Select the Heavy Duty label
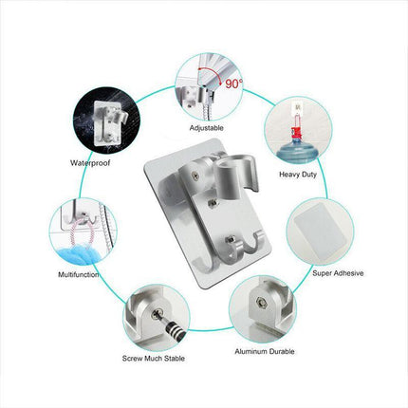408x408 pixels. [299, 175]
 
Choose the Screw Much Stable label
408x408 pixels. [155, 358]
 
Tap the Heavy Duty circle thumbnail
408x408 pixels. [299, 132]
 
